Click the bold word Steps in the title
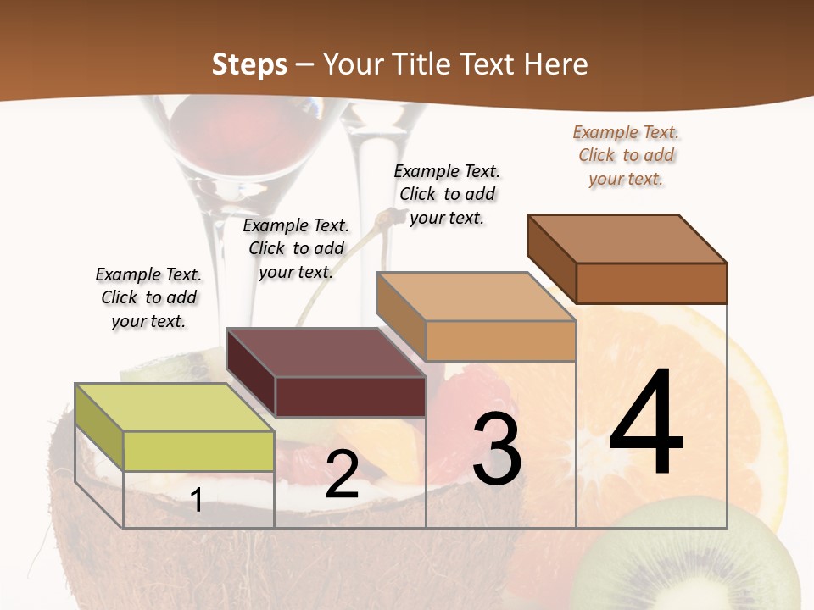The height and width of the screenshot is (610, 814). point(249,64)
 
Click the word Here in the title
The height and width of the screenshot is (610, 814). point(556,64)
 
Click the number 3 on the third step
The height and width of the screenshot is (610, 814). point(497,449)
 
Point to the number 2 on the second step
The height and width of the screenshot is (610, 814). point(342,474)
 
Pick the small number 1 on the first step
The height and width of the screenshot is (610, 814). point(197,500)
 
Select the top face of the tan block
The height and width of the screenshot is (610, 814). point(475,297)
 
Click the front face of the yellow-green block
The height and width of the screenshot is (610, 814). point(198,451)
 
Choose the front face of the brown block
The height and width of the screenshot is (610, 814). point(651,283)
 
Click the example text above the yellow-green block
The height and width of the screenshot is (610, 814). point(148,297)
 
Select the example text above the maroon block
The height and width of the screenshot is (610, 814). point(296,248)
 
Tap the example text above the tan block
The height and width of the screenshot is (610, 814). point(447,194)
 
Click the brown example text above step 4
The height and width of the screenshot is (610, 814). point(626,155)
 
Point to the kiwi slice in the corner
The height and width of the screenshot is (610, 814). point(695,568)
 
